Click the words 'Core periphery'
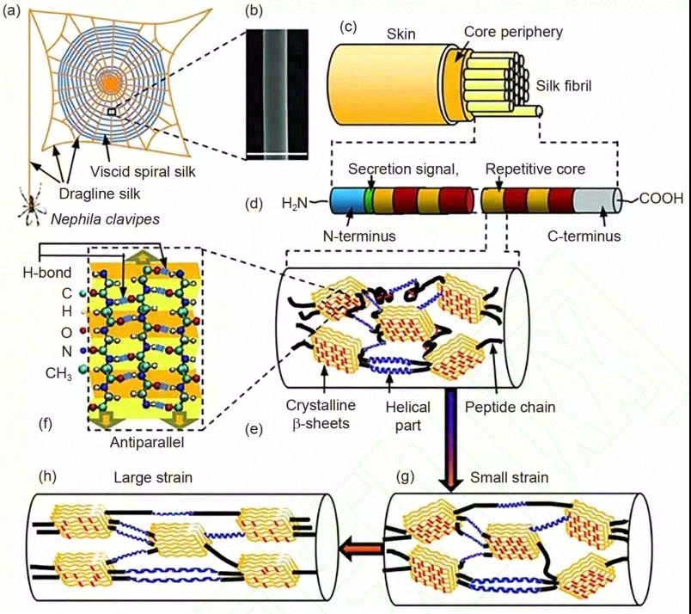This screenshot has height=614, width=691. (513, 32)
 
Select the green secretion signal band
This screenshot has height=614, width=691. (369, 201)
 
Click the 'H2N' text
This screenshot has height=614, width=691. (296, 203)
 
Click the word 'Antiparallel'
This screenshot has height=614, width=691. (148, 443)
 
